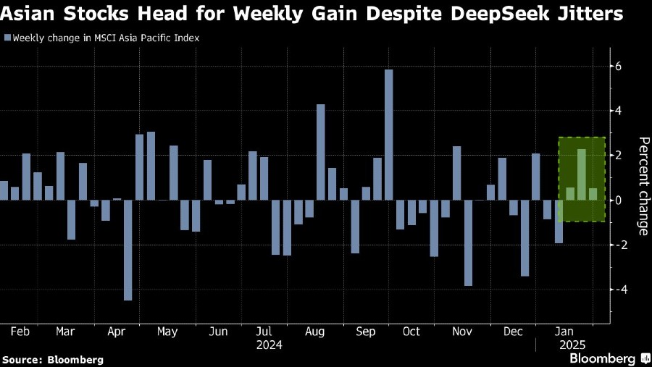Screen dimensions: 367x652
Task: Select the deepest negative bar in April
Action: coord(128,250)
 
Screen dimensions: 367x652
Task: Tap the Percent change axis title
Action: coord(643,185)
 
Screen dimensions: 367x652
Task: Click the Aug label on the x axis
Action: coord(314,332)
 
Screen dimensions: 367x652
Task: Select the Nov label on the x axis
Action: coord(461,332)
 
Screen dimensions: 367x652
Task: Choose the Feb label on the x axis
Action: coord(20,332)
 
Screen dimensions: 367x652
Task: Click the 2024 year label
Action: coord(269,345)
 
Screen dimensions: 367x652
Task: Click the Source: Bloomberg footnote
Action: coord(53,359)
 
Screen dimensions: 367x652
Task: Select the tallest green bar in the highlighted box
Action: coord(582,174)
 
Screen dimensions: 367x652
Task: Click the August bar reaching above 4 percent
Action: coord(320,152)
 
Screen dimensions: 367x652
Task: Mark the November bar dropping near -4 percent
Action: coord(468,242)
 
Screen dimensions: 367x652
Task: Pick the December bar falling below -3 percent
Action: coord(524,238)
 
